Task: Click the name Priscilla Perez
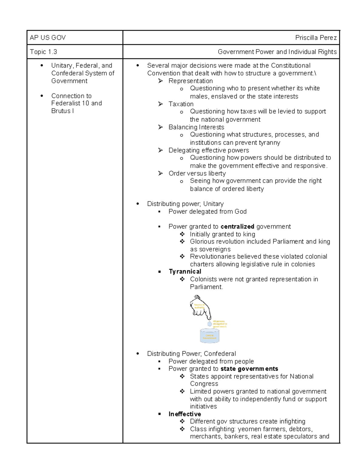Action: (x=316, y=38)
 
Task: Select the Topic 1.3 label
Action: (x=43, y=52)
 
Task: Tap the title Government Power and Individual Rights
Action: (x=277, y=52)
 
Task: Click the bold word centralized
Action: (x=237, y=227)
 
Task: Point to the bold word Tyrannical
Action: (x=185, y=271)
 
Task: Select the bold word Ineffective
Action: (x=184, y=414)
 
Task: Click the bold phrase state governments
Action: (x=249, y=369)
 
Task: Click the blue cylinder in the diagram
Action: (x=209, y=336)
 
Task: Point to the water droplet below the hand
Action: (x=209, y=324)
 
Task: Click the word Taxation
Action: (x=181, y=104)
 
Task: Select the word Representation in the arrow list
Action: (x=190, y=81)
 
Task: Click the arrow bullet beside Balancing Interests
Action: (x=160, y=127)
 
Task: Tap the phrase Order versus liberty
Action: (x=197, y=173)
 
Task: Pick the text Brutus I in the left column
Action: (x=62, y=111)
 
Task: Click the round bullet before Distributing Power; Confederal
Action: (x=138, y=354)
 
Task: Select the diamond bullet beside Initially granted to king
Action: (x=182, y=234)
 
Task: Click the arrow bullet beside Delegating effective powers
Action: (x=160, y=150)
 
